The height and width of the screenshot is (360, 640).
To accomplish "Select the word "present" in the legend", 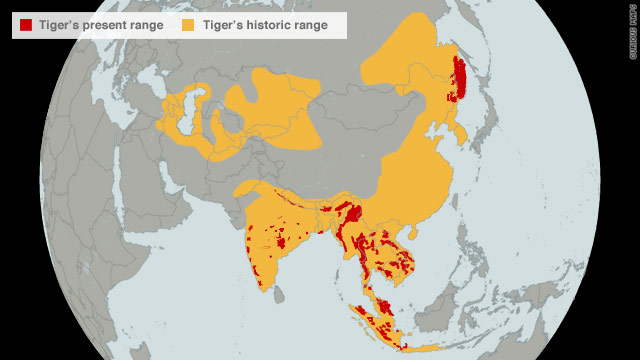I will [98, 25].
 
